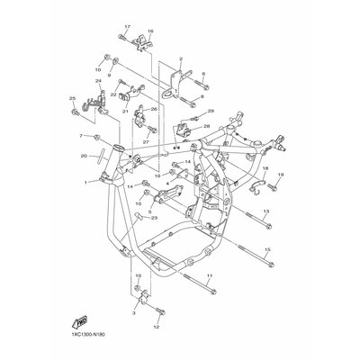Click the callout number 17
127,28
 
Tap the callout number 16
150,31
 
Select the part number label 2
181,58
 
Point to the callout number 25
72,96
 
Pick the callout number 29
211,111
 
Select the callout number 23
155,217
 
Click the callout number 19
280,175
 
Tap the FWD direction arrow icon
79,319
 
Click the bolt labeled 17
122,40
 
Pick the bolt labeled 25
72,112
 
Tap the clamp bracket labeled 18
258,188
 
